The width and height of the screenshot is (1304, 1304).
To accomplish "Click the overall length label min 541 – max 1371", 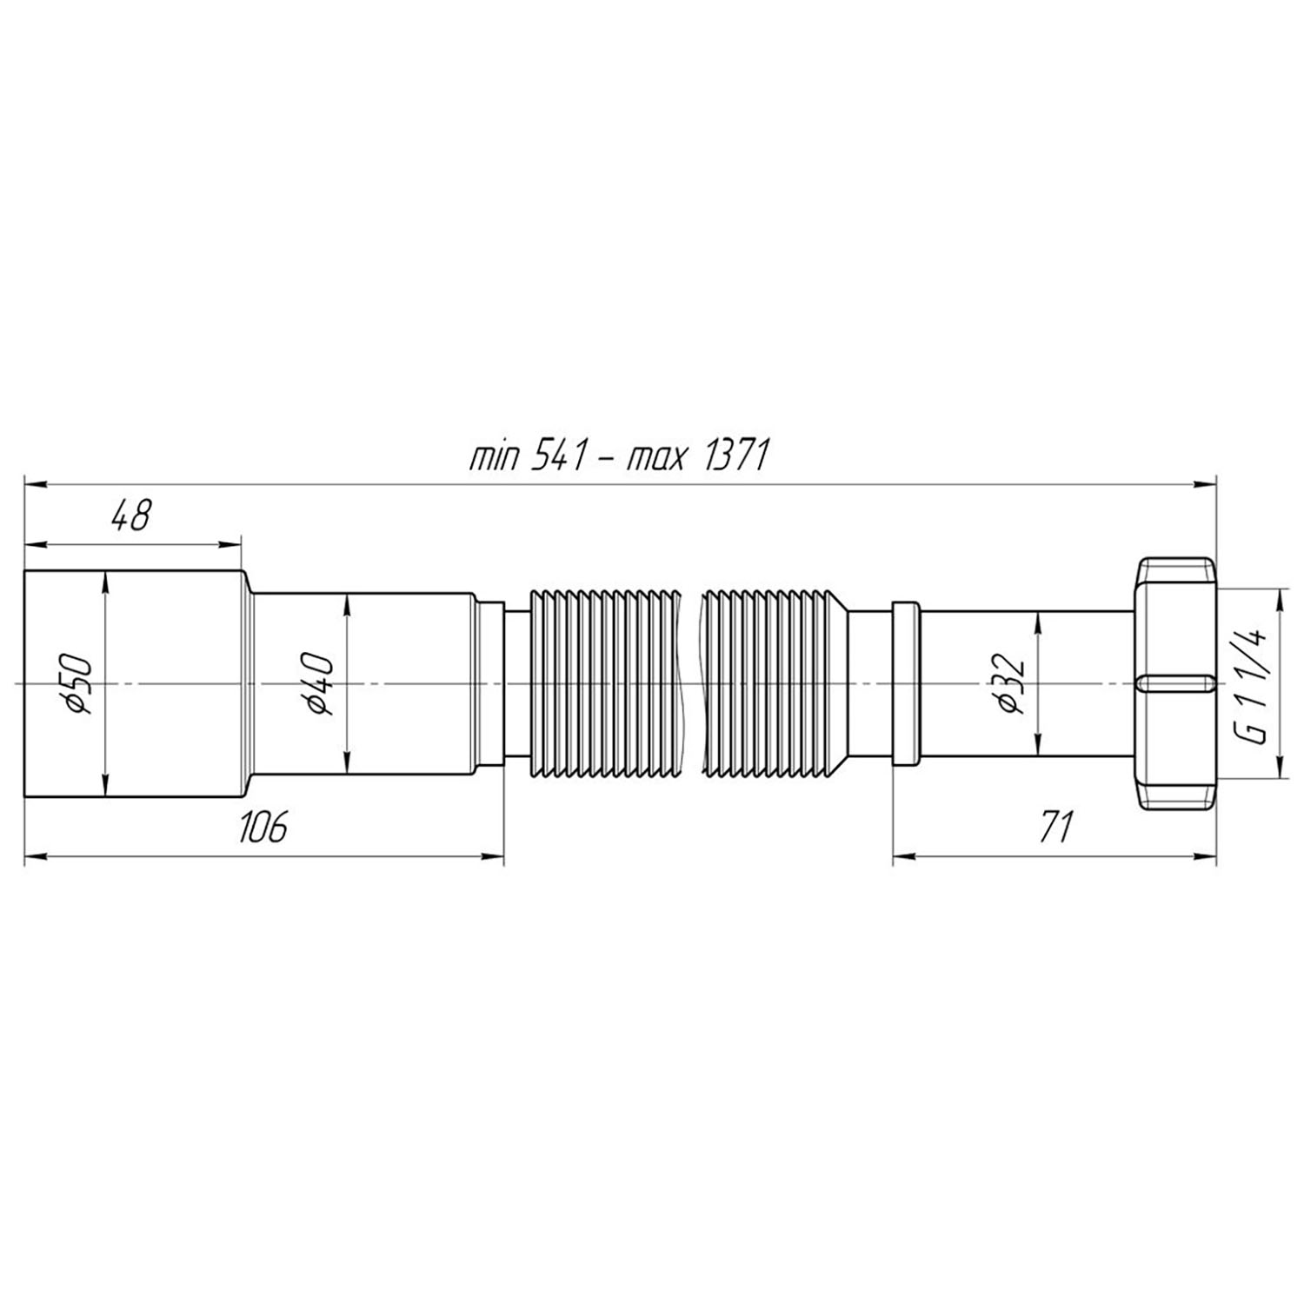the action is point(618,456).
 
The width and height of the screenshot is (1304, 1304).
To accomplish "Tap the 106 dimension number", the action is point(263,827).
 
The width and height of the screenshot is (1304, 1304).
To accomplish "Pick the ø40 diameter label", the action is point(318,683).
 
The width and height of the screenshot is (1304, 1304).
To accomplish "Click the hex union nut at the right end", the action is point(1174,683).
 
